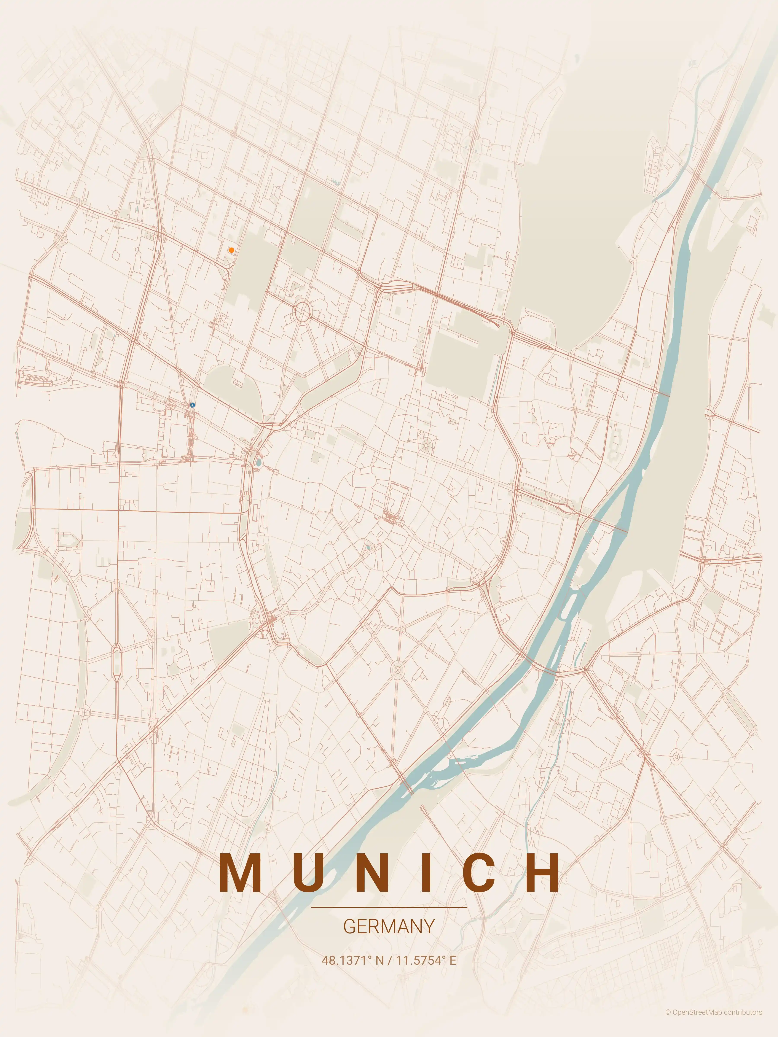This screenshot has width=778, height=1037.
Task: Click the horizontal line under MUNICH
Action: [x=389, y=907]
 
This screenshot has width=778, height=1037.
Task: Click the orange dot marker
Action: [x=231, y=250]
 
